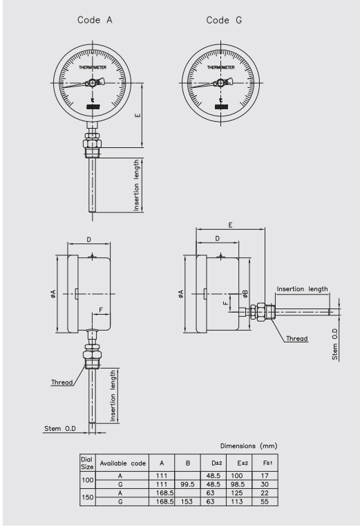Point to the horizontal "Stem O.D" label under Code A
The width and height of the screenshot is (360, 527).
coord(55,429)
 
